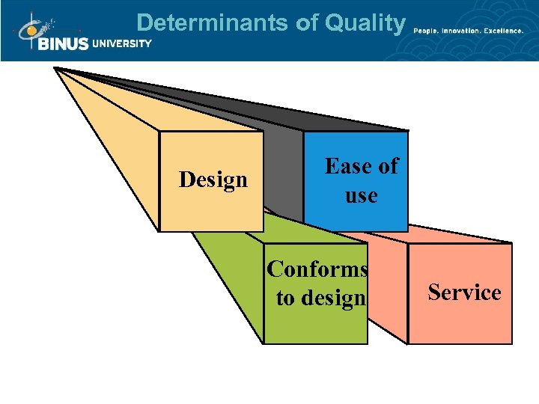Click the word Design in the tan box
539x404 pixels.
coord(213,180)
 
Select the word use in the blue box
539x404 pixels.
coord(361,196)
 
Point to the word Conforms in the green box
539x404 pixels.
coord(317,269)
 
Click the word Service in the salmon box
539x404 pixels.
coord(464,293)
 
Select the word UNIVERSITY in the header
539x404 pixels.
coord(121,43)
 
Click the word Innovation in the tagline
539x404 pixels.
coord(460,32)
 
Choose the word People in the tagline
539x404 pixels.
coord(424,32)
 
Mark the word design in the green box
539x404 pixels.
coord(332,298)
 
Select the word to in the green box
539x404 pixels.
coord(284,298)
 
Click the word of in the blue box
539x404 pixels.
coord(386,166)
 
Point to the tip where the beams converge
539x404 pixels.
coord(57,69)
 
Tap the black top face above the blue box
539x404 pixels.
coord(299,116)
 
